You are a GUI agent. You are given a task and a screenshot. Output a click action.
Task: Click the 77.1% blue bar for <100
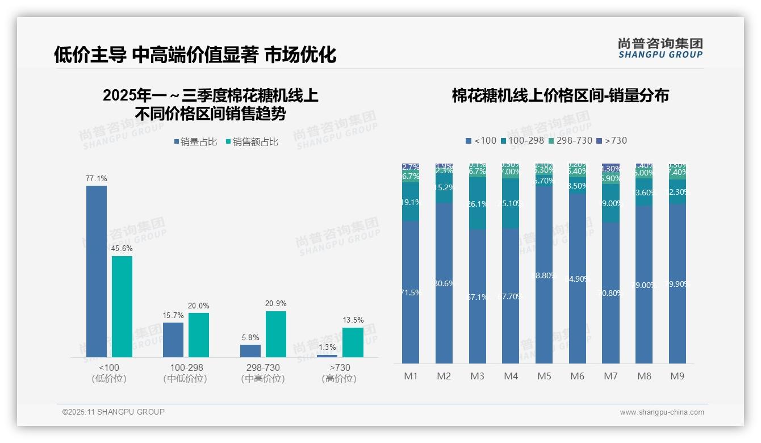97,271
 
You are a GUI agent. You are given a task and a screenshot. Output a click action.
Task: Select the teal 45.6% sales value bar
122,307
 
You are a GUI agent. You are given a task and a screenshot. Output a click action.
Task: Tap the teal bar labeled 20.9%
276,334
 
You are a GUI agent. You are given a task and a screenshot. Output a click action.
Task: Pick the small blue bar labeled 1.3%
327,356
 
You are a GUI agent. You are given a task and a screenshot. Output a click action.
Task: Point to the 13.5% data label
353,320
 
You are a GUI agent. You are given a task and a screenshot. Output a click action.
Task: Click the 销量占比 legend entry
195,142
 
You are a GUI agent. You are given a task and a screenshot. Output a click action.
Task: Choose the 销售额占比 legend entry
252,142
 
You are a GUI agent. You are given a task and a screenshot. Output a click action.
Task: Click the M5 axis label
544,376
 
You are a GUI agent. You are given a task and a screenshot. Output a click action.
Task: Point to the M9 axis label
677,376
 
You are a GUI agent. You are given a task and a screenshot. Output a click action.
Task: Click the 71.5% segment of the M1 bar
411,292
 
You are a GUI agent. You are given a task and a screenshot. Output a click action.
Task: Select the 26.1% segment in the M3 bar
478,203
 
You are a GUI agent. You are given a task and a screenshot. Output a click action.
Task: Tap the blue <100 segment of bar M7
611,292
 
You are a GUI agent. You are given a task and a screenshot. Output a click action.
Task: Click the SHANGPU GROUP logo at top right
660,48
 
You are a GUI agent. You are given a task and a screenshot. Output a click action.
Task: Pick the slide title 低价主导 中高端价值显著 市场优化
195,55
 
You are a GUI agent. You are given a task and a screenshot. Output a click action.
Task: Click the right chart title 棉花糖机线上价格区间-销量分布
560,95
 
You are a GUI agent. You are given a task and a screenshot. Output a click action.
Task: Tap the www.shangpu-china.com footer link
662,412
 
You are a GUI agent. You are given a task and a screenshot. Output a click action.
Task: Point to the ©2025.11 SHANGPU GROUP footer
114,412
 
